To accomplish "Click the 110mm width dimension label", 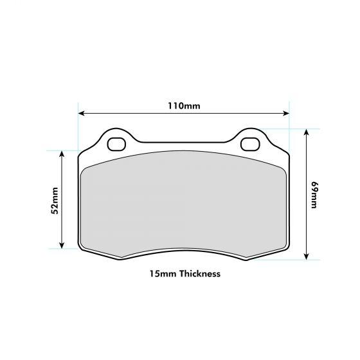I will click(x=183, y=105).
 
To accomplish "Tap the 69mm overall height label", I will click(x=314, y=194).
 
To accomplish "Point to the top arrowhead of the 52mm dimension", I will click(x=62, y=154).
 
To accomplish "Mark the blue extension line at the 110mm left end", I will click(x=78, y=129).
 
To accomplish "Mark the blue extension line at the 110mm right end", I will click(x=289, y=129).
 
